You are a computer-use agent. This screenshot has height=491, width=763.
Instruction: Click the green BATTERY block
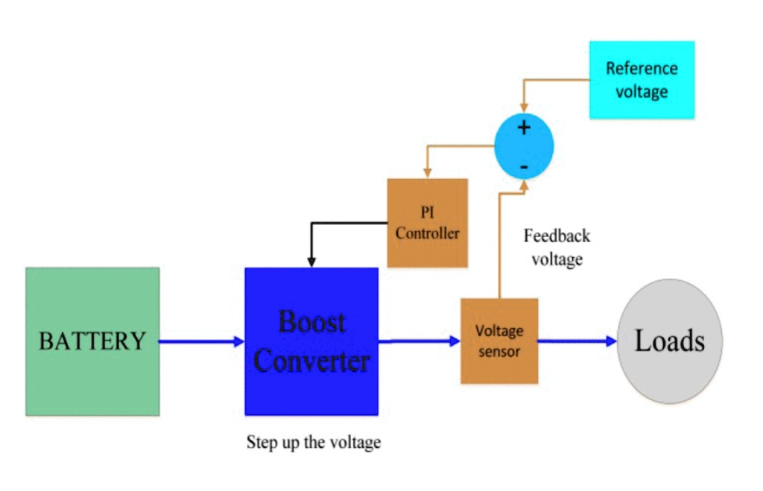tap(92, 341)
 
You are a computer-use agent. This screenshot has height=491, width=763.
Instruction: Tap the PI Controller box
tap(428, 223)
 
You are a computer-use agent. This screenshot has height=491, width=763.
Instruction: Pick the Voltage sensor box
tap(499, 340)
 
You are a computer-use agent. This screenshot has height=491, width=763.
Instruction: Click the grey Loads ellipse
tap(669, 341)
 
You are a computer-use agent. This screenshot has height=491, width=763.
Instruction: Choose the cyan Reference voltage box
tap(642, 80)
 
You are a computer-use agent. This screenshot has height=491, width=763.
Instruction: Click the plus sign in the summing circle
tap(525, 127)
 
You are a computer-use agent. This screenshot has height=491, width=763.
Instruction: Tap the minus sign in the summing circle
tap(525, 166)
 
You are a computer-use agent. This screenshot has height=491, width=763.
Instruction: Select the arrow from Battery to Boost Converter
tap(201, 341)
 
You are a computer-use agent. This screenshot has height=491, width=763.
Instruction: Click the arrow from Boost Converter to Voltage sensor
tap(419, 341)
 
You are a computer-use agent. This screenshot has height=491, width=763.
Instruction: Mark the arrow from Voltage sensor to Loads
tap(577, 341)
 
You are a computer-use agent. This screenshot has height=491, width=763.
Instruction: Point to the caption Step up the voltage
tap(314, 443)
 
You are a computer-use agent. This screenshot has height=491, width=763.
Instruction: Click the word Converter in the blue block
tap(311, 361)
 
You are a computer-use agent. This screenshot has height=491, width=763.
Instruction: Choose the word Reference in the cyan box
tap(642, 69)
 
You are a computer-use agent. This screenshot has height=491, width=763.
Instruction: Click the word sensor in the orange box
tap(499, 351)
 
